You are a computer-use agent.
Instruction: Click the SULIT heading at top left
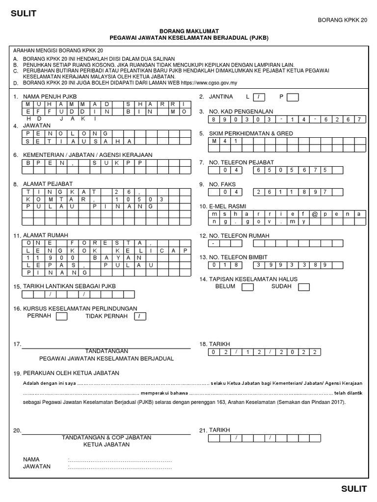24,14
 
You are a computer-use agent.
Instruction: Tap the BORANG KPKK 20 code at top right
343,20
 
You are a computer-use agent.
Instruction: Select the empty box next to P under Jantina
292,97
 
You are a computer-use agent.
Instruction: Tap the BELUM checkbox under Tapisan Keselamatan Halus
247,287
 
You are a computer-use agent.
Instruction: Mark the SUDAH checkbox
304,287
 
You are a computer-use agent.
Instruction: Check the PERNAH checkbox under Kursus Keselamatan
61,317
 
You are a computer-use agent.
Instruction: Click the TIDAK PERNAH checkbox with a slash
140,317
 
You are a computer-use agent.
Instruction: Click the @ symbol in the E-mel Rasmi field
313,214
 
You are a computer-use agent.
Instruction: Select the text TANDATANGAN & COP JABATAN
107,437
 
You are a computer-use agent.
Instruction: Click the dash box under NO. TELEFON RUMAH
214,243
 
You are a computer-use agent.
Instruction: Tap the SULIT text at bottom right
354,488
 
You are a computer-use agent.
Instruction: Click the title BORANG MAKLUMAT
188,30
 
